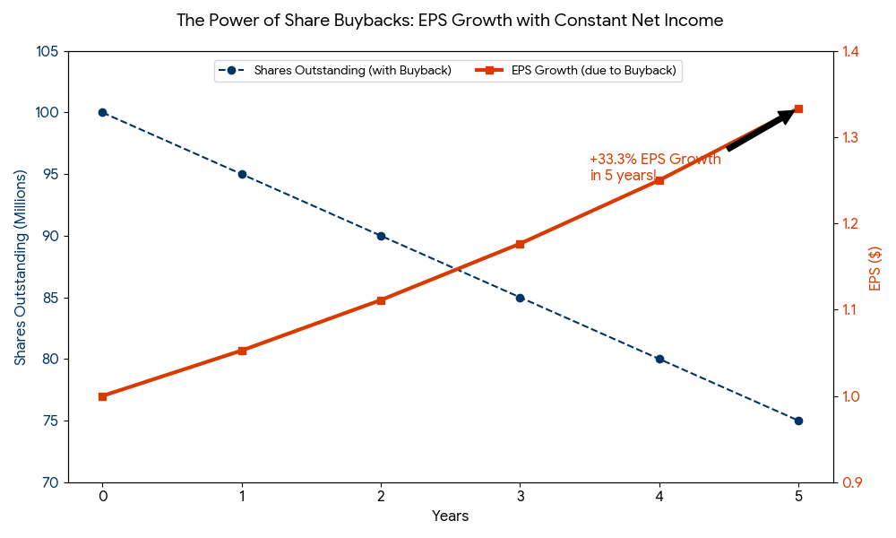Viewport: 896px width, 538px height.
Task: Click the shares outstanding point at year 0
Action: point(102,112)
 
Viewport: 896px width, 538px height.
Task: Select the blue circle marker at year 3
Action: point(520,298)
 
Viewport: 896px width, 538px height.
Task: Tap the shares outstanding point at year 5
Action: point(798,421)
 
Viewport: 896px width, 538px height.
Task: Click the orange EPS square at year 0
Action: point(102,396)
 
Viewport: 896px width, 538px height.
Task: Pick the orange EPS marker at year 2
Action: point(381,300)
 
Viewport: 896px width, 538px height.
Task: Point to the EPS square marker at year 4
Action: point(659,180)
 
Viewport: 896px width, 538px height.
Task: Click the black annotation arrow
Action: point(761,129)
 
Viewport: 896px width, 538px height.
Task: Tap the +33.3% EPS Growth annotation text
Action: point(655,167)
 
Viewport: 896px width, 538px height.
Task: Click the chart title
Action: point(450,20)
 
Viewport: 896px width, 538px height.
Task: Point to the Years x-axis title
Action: point(450,516)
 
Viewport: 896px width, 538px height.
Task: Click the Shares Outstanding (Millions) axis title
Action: point(20,267)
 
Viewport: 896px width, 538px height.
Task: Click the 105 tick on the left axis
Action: point(48,51)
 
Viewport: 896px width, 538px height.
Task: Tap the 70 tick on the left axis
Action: point(51,482)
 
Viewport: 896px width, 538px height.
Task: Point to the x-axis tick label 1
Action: point(242,496)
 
